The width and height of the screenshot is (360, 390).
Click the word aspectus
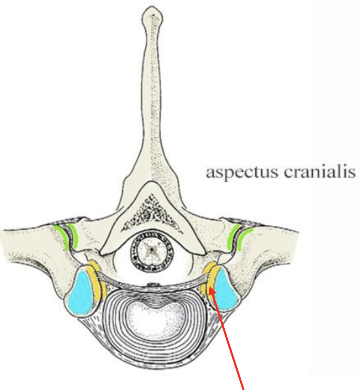236,172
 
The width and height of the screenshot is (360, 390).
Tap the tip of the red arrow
212,292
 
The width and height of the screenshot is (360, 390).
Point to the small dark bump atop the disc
153,285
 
